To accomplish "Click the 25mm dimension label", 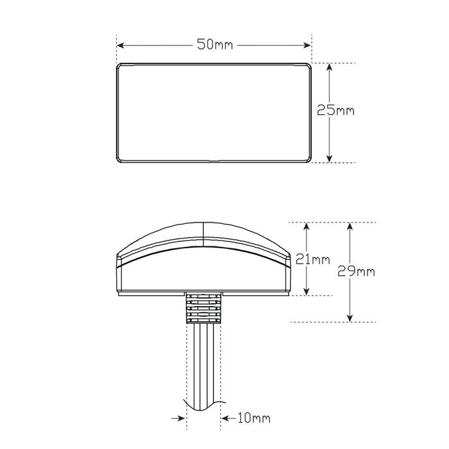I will tap(335, 110).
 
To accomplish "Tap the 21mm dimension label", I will tap(314, 259).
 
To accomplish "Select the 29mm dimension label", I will tap(357, 271).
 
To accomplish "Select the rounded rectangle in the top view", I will tap(214, 113).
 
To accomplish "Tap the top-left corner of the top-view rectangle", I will tap(117, 64).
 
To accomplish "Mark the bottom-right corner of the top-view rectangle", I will tap(310, 162).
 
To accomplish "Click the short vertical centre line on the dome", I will tap(203, 233).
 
